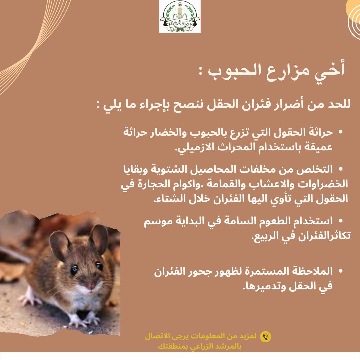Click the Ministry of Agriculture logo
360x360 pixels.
[x=180, y=16]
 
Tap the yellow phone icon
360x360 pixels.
[x=265, y=337]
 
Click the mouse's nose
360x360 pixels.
[x=90, y=286]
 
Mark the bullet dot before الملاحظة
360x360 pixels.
[x=340, y=271]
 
